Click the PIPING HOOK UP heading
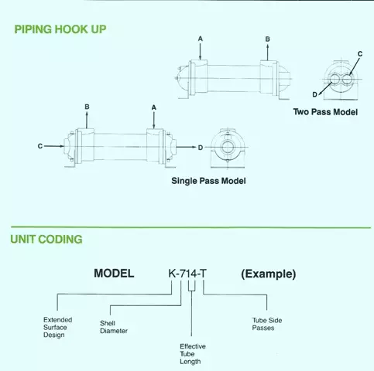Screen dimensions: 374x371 pos(60,29)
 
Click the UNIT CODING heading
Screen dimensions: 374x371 pos(46,240)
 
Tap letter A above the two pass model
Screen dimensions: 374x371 pos(201,39)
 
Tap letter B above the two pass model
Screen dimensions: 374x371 pos(267,39)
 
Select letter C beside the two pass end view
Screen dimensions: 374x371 pos(360,54)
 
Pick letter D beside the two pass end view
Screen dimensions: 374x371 pos(314,94)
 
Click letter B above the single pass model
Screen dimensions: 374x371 pos(87,107)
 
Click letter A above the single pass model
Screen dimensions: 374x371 pos(154,107)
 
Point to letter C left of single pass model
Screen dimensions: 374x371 pos(40,146)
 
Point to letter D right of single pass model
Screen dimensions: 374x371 pos(201,148)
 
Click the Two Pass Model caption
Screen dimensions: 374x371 pos(325,112)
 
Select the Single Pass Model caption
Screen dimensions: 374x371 pos(208,181)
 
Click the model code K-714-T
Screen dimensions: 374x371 pos(187,274)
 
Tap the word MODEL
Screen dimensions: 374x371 pos(114,274)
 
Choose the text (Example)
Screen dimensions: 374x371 pos(269,274)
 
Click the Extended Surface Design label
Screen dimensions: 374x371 pos(57,328)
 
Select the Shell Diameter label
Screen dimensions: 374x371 pos(114,327)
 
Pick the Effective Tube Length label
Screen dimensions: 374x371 pos(193,354)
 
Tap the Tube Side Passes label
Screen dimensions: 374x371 pos(267,324)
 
